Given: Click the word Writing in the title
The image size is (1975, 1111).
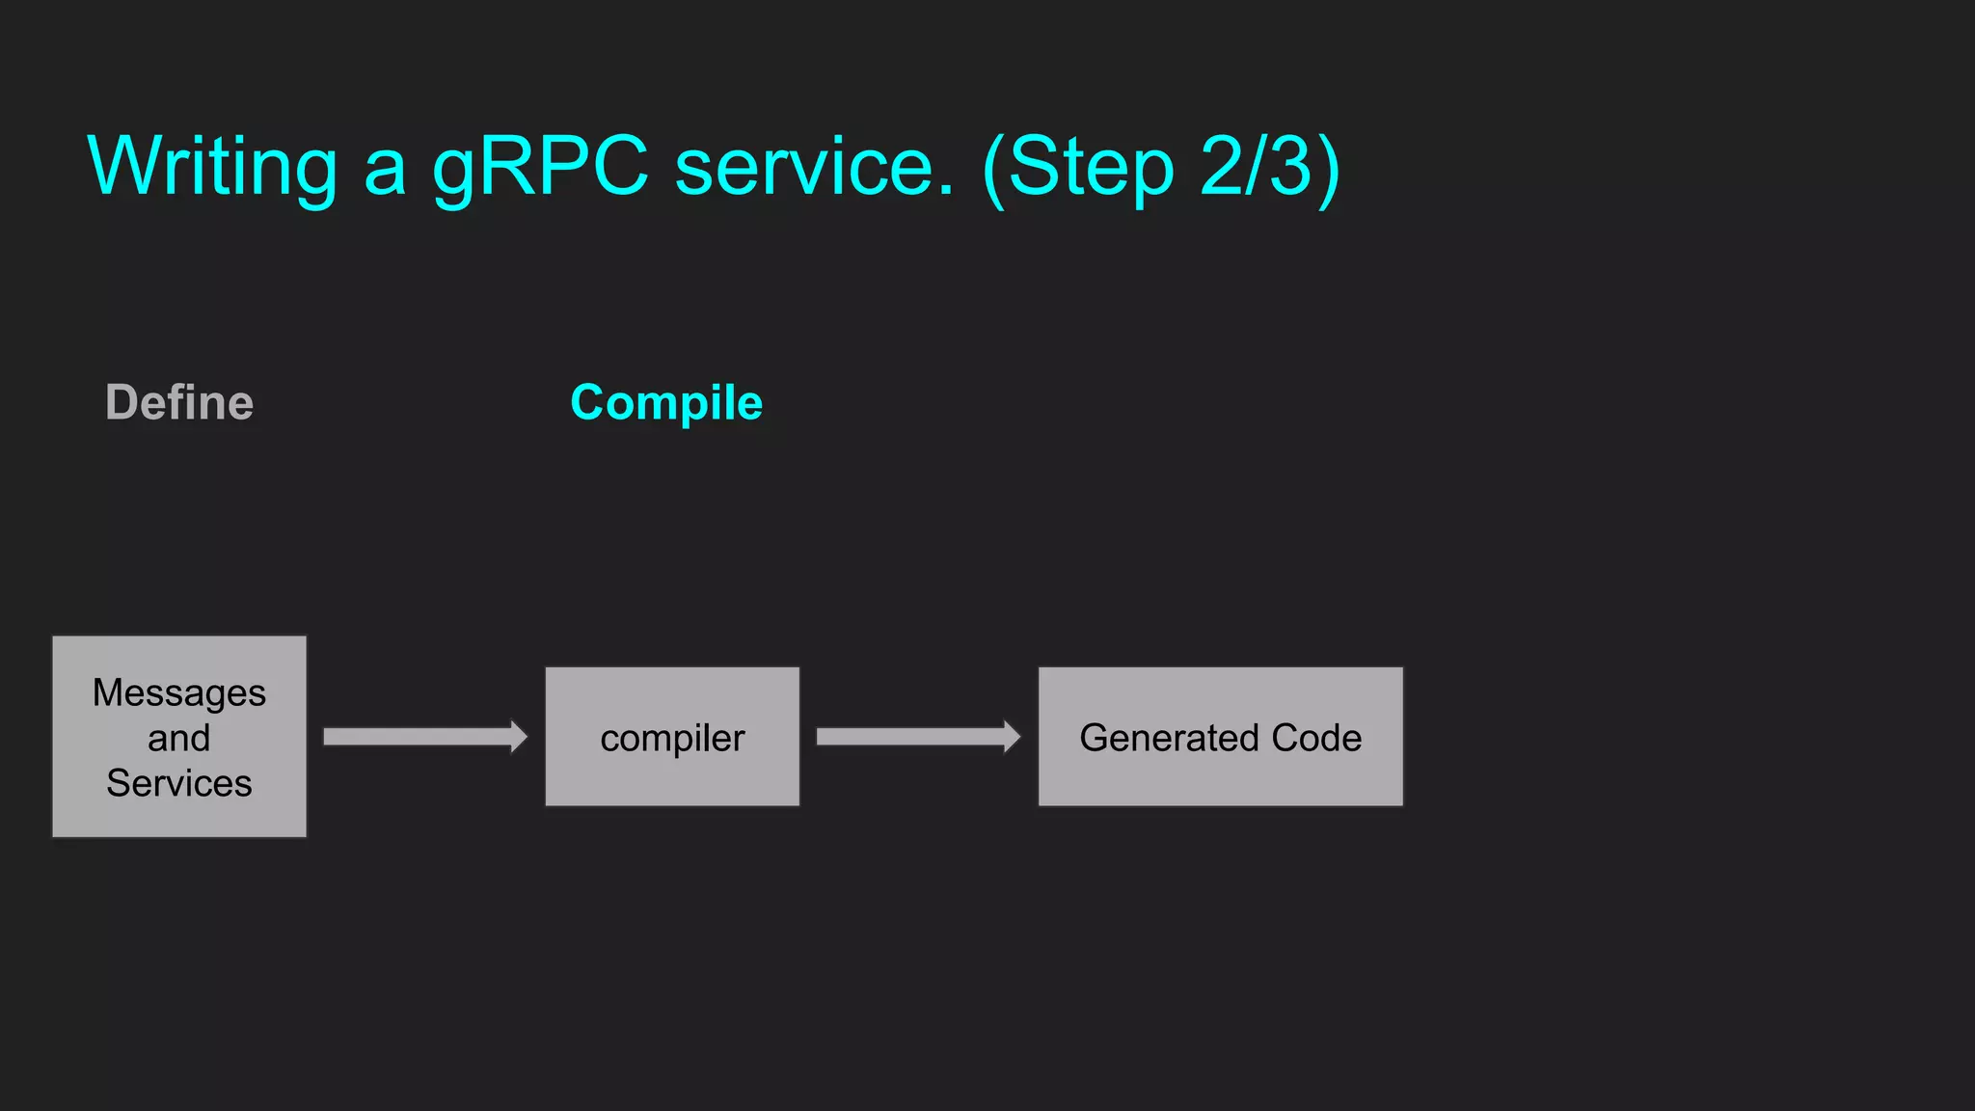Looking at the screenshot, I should [212, 166].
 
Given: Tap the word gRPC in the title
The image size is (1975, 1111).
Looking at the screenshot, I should [540, 166].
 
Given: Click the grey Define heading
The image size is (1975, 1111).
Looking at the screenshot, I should [179, 402].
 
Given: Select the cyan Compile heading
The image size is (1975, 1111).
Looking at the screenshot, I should [666, 402].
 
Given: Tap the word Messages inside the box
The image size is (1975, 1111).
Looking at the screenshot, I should [179, 693].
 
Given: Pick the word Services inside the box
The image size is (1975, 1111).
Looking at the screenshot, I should [179, 783].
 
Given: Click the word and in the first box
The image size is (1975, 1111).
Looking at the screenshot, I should [179, 739].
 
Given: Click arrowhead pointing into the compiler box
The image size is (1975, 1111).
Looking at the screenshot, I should [519, 737].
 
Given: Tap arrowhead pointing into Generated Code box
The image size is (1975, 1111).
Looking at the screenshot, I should [1012, 737].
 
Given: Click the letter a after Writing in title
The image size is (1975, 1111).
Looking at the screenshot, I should [385, 172].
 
